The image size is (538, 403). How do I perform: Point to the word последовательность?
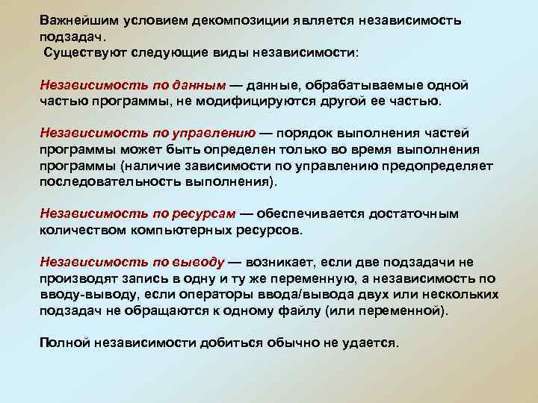coord(110,181)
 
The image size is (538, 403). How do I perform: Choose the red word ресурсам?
coord(202,214)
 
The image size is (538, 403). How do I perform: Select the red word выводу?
coord(197,262)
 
